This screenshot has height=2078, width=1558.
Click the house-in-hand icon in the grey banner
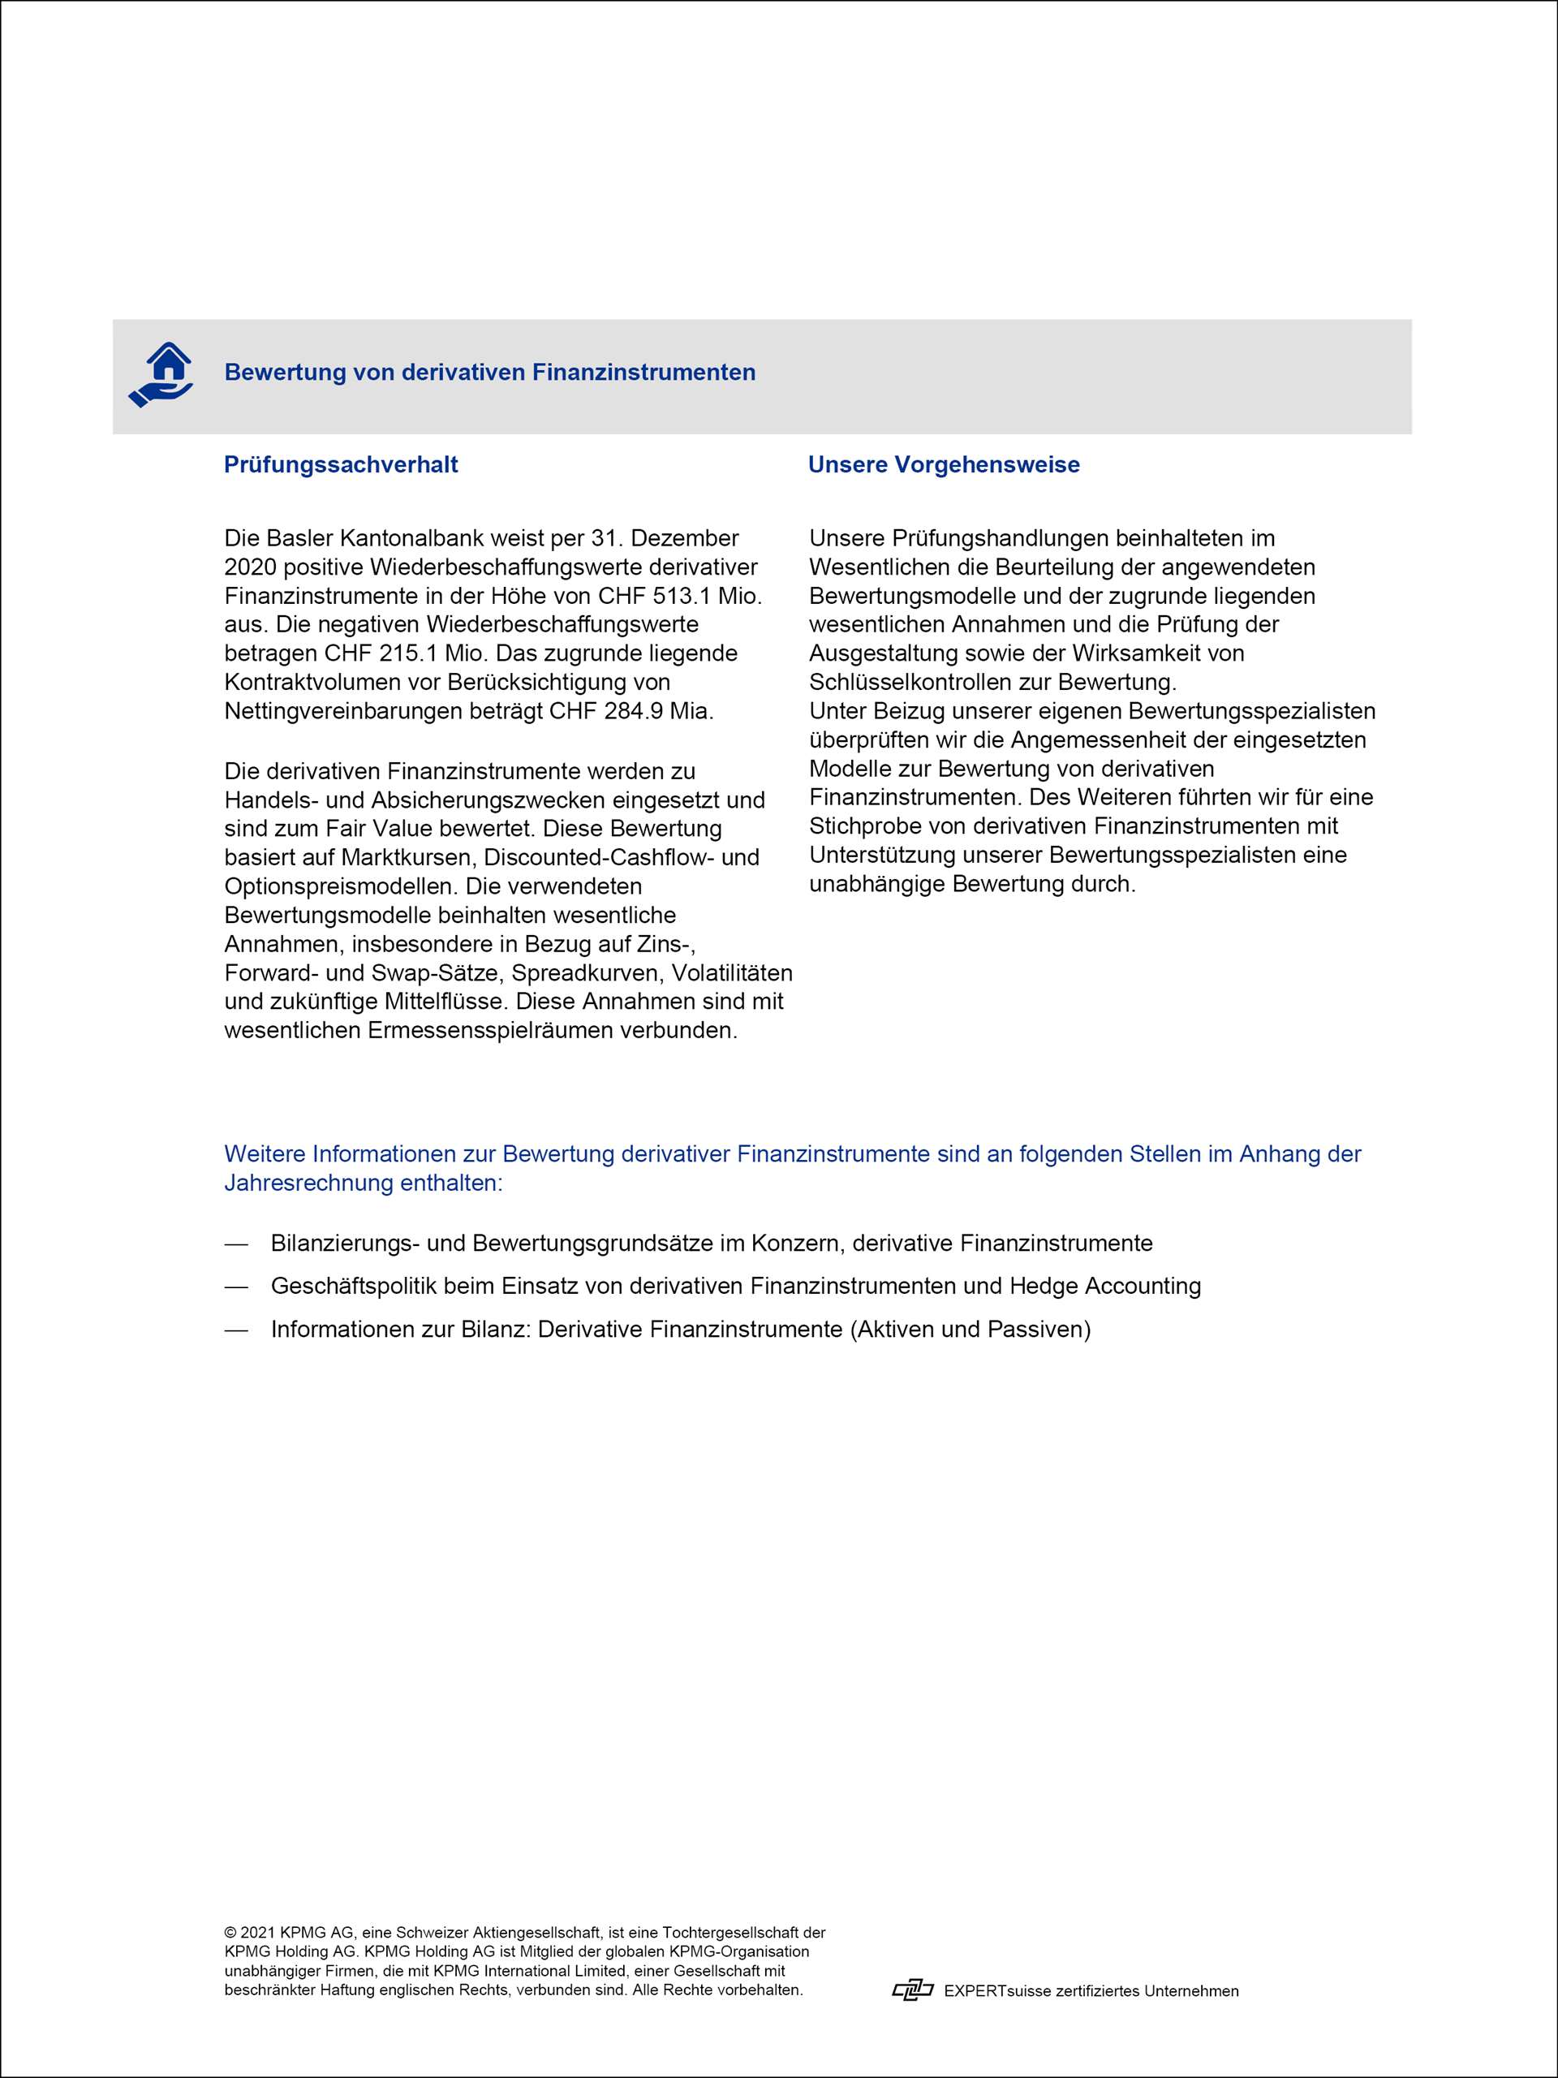pyautogui.click(x=161, y=375)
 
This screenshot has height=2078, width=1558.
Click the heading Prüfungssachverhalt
pyautogui.click(x=341, y=465)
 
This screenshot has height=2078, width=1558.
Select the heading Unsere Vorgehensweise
pyautogui.click(x=944, y=465)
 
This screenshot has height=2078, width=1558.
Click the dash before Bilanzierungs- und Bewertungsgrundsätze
pyautogui.click(x=235, y=1244)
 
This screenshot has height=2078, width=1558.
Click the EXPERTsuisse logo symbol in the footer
pyautogui.click(x=912, y=1990)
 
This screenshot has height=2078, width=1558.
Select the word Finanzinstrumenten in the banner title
pyautogui.click(x=643, y=373)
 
